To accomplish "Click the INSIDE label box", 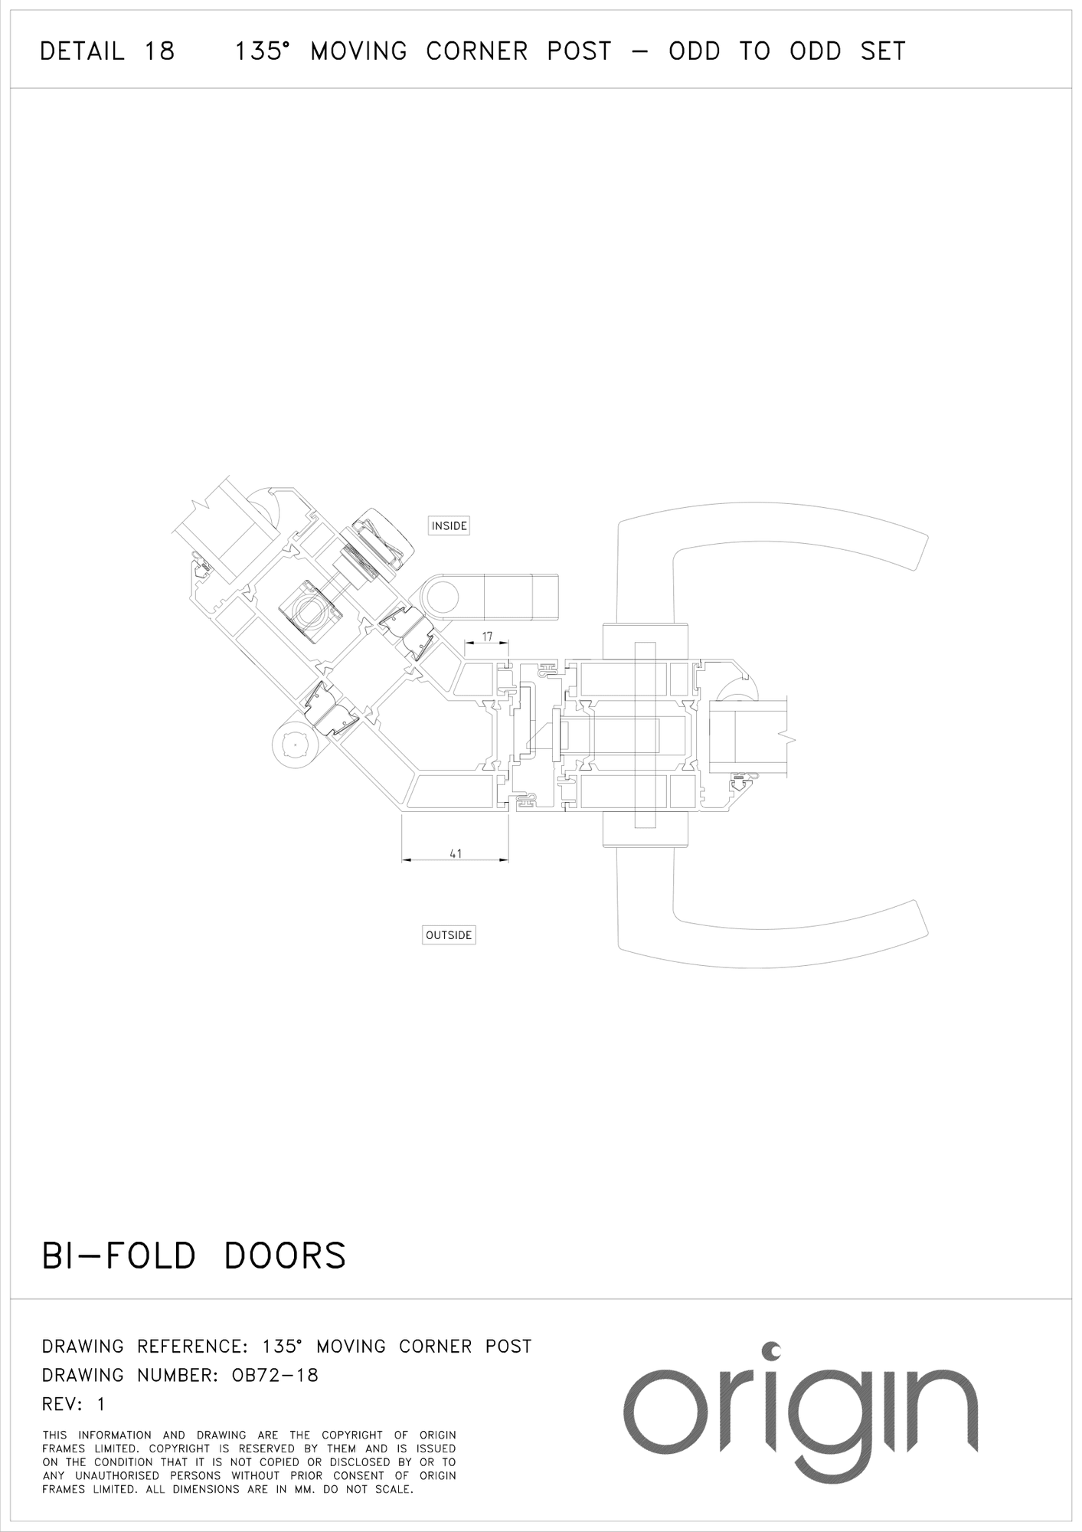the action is tap(449, 525).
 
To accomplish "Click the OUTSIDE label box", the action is tap(449, 935).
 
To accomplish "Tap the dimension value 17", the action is tap(487, 637).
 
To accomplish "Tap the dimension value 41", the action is tap(456, 853).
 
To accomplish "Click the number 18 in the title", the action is tap(159, 51).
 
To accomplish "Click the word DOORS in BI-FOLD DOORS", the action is tap(285, 1255).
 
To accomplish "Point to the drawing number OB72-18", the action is tap(275, 1375).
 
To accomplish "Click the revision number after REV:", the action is tap(100, 1404).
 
